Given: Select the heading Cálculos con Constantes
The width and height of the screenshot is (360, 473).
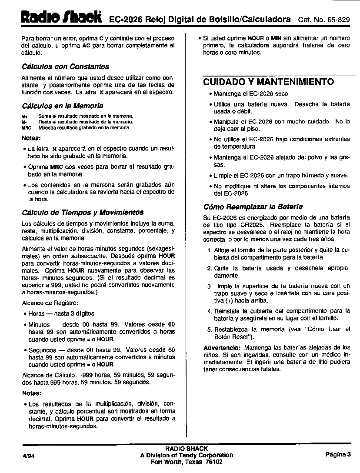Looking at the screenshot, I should [x=65, y=67].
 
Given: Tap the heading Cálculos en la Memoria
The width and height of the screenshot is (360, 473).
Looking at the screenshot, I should [x=62, y=106].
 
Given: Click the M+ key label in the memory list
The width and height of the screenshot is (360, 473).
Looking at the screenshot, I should [x=24, y=116].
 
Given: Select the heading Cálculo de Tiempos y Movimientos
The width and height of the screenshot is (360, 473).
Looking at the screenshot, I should [x=83, y=213].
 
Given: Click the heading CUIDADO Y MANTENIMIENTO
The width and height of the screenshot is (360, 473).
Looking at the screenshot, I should [x=269, y=82].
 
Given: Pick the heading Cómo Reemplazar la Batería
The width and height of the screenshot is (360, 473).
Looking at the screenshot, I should [x=253, y=207].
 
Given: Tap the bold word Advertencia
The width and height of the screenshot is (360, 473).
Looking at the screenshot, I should [x=222, y=348].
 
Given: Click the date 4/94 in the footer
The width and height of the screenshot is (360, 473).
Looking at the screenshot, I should [x=27, y=456].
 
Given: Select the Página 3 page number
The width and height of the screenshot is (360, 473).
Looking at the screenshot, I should [x=338, y=455].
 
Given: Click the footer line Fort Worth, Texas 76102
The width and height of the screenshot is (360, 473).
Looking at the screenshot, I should [x=187, y=462].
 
